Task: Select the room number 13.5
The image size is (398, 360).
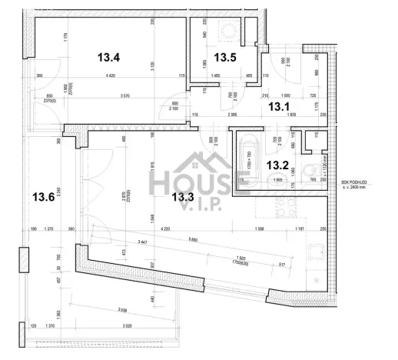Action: (x=225, y=57)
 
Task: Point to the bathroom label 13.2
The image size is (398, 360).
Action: (x=277, y=164)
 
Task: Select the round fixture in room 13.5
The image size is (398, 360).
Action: (x=229, y=31)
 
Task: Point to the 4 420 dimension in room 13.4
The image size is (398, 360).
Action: (x=110, y=75)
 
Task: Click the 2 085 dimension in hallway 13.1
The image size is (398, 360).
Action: (x=232, y=114)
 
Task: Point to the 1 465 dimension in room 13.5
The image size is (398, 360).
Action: (x=214, y=75)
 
